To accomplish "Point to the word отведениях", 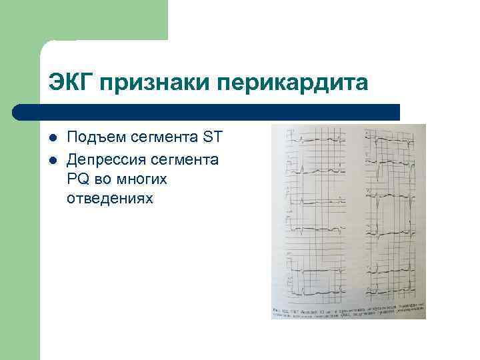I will [109, 198].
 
